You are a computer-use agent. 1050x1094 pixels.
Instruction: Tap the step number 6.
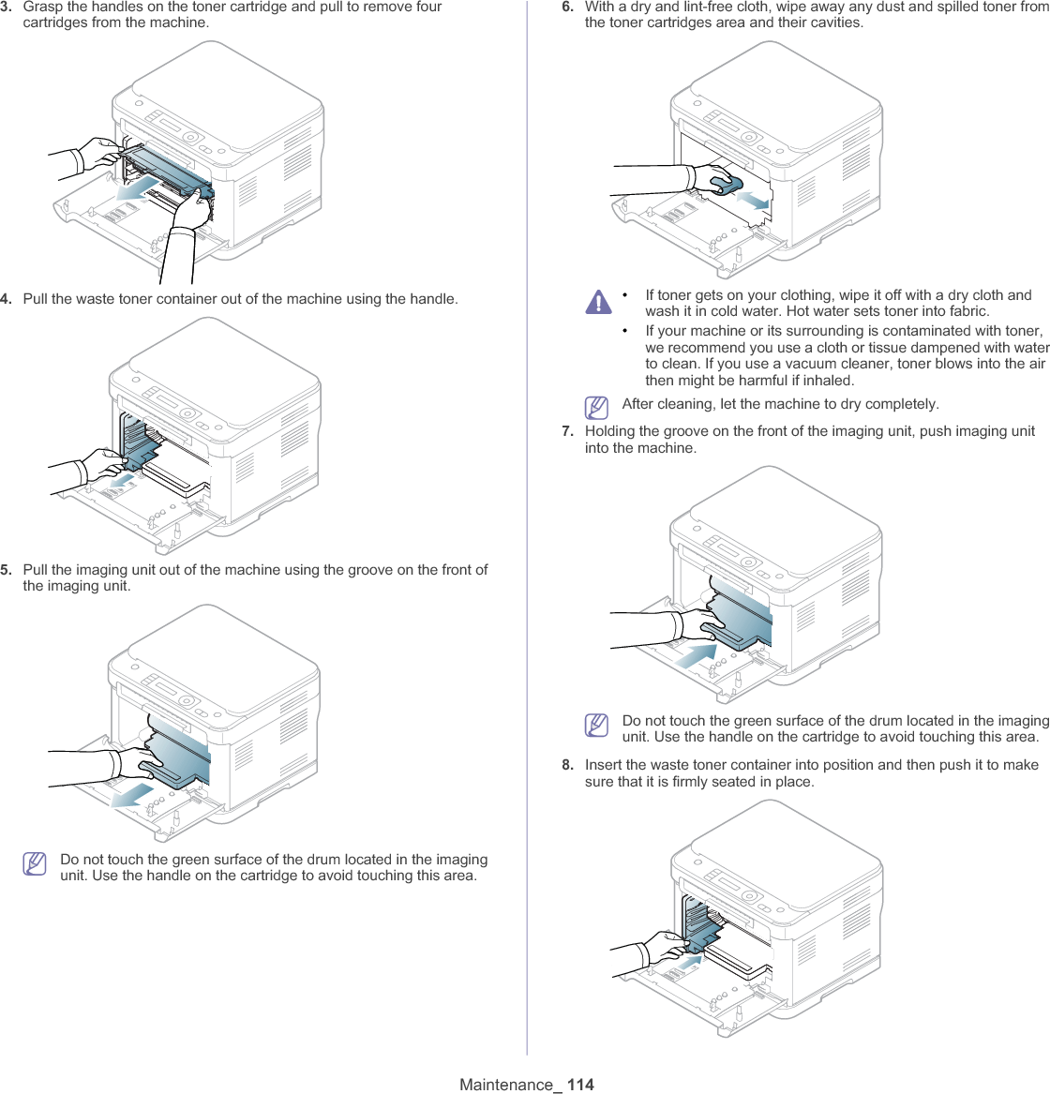point(568,7)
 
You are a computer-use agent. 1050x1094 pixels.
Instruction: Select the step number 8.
point(568,765)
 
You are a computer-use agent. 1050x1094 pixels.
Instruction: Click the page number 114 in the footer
point(580,1085)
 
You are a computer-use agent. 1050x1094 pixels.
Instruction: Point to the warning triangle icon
point(597,302)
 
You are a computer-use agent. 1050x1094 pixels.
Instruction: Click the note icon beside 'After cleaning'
point(594,407)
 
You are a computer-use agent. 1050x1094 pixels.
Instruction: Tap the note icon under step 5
point(35,862)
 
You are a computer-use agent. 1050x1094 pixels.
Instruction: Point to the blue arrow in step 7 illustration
point(695,654)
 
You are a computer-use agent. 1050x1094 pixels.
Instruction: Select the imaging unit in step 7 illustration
point(741,614)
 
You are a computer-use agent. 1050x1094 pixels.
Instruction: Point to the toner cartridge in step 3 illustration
point(169,168)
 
